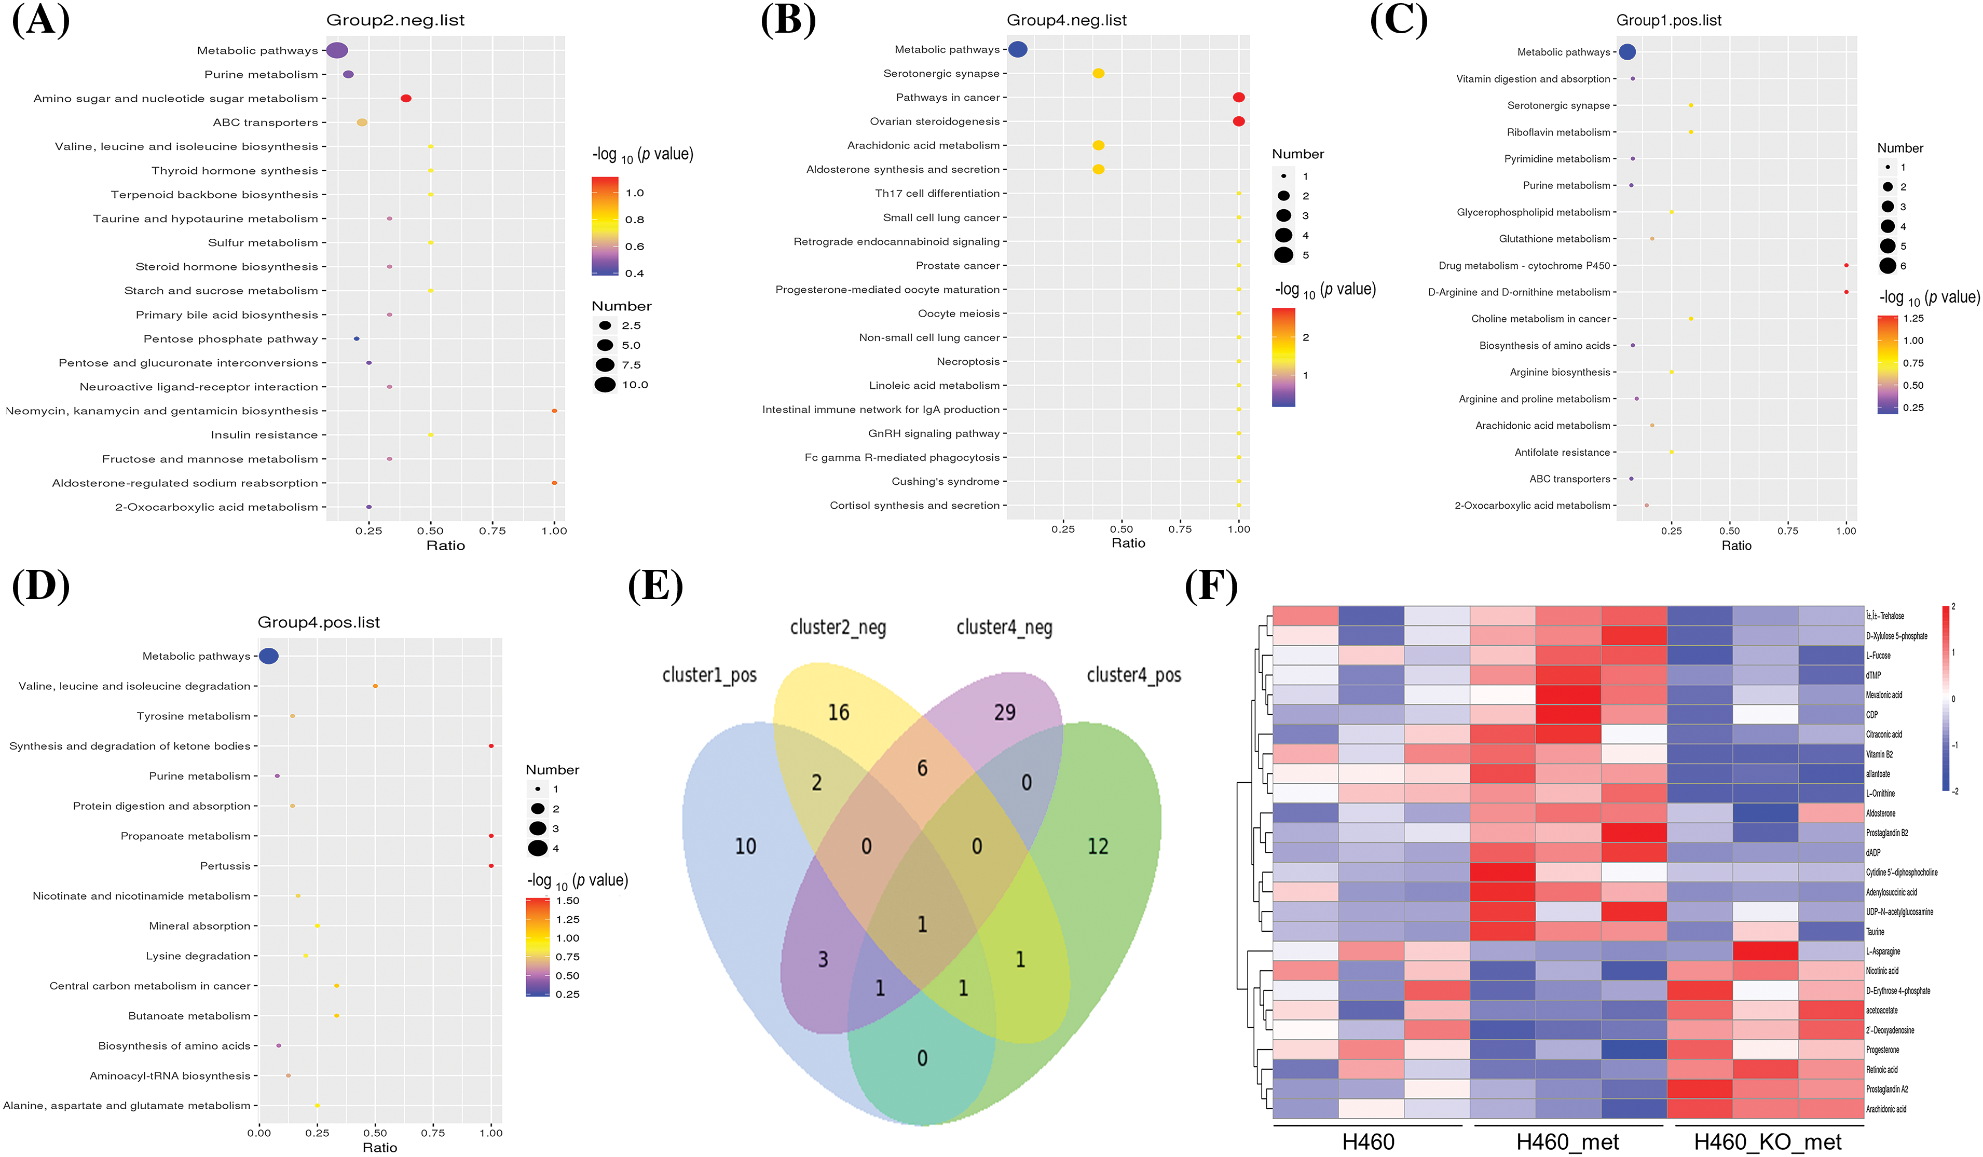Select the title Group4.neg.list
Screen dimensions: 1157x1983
coord(1066,20)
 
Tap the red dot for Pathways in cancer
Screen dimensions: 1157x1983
coord(1239,98)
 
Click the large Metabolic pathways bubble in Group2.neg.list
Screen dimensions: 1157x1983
coord(337,50)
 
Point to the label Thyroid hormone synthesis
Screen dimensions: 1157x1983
coord(235,171)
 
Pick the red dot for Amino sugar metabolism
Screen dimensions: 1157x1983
coord(406,99)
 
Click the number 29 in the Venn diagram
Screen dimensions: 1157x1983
coord(1004,712)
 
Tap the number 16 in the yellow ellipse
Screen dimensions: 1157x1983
coord(838,712)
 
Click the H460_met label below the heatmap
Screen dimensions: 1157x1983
coord(1567,1142)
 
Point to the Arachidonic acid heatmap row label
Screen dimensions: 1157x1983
coord(1885,1109)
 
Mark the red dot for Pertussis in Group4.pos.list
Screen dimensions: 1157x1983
coord(491,866)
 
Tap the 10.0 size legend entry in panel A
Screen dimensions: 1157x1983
coord(634,385)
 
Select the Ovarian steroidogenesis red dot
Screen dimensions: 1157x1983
coord(1239,121)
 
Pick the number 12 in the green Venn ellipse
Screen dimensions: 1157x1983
coord(1097,846)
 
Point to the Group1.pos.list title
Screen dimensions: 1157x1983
coord(1668,20)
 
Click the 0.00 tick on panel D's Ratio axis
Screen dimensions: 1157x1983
coord(259,1133)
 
